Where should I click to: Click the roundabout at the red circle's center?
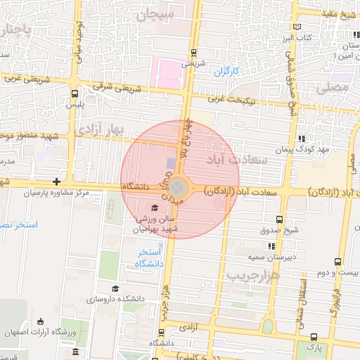coord(179,188)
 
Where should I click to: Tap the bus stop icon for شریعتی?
coord(193,53)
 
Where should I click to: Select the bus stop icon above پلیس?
coord(75,93)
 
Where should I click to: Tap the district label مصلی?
coord(332,89)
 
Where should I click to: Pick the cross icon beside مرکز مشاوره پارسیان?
coord(66,182)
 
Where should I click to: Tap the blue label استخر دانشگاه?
coord(150,257)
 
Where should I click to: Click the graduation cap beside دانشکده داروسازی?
coord(115,288)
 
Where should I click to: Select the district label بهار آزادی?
coord(100,129)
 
